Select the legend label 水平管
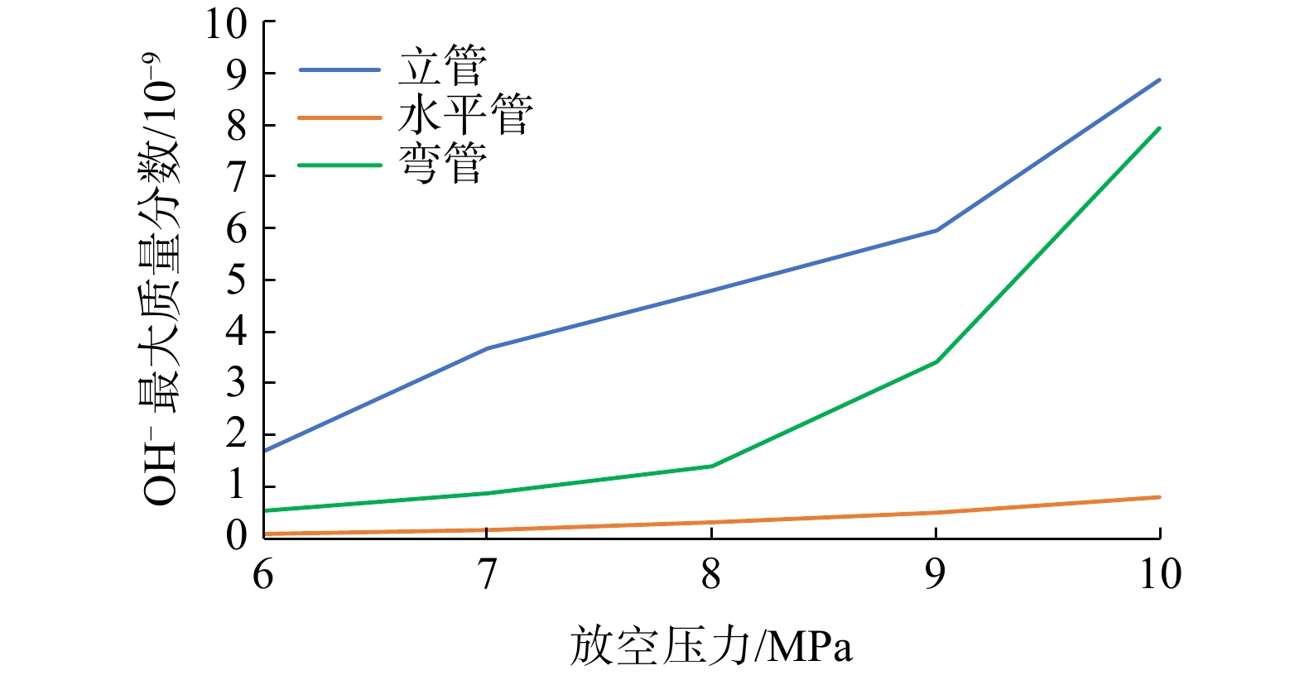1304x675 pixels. pyautogui.click(x=465, y=114)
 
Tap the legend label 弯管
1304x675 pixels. pyautogui.click(x=442, y=163)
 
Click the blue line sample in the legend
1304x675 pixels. pyautogui.click(x=339, y=69)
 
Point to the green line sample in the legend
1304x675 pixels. pyautogui.click(x=339, y=165)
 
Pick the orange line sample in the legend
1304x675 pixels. pyautogui.click(x=339, y=118)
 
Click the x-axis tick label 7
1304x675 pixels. pyautogui.click(x=487, y=574)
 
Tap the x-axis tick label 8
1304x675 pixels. pyautogui.click(x=711, y=574)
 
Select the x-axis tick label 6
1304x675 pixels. pyautogui.click(x=263, y=574)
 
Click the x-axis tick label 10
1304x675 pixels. pyautogui.click(x=1160, y=574)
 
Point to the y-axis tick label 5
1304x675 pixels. pyautogui.click(x=236, y=280)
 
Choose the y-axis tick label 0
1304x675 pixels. pyautogui.click(x=236, y=535)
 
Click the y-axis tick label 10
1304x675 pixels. pyautogui.click(x=227, y=25)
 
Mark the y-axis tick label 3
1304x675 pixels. pyautogui.click(x=236, y=383)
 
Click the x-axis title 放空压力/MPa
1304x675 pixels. pyautogui.click(x=711, y=645)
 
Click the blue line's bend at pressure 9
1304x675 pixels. pyautogui.click(x=936, y=230)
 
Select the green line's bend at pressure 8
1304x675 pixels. pyautogui.click(x=711, y=466)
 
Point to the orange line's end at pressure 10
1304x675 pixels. pyautogui.click(x=1159, y=497)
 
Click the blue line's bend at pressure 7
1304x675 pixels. pyautogui.click(x=487, y=348)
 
